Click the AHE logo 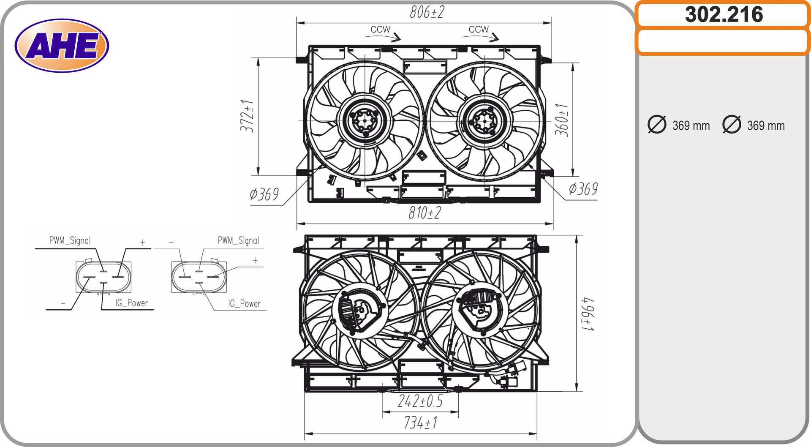pos(62,46)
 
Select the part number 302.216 pos(724,14)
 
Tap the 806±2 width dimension pos(427,12)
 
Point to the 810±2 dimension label pos(425,213)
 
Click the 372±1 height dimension pos(247,116)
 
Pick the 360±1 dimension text pos(561,120)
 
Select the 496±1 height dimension pos(588,314)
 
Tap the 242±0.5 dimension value pos(420,401)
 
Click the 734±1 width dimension pos(421,422)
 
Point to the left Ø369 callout pos(264,194)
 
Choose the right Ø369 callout pos(583,189)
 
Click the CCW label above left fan pos(380,30)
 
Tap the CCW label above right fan pos(479,30)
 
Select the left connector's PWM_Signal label pos(70,240)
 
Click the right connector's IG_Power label pos(244,303)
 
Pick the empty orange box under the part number pos(723,41)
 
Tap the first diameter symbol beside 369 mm pos(657,125)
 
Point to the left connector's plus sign pos(143,243)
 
